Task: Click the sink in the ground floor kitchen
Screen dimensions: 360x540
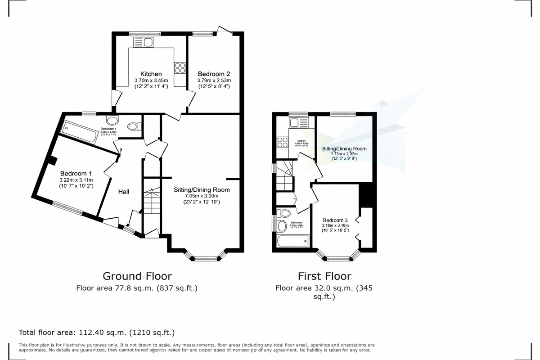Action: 144,42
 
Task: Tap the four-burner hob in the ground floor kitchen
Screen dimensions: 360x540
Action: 180,67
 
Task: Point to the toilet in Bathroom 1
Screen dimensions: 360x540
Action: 134,127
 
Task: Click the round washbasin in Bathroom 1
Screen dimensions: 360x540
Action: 112,120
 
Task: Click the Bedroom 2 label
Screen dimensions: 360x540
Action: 213,74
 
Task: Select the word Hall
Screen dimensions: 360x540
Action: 124,192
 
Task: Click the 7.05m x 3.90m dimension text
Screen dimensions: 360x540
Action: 202,196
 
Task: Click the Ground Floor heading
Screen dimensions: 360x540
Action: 137,276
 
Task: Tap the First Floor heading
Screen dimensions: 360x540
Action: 324,276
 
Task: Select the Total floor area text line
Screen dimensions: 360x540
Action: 96,333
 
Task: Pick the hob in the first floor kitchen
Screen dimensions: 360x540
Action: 283,142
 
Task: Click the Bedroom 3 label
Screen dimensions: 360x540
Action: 335,220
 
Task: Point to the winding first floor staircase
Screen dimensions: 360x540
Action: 284,176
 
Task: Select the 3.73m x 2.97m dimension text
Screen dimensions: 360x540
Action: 344,153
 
